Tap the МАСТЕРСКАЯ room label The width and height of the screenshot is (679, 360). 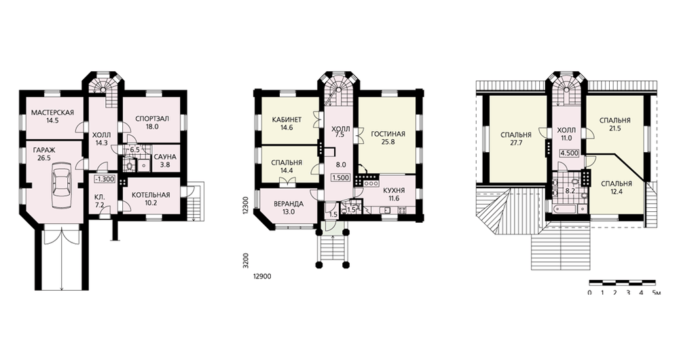click(52, 113)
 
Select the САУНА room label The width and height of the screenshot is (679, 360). click(164, 156)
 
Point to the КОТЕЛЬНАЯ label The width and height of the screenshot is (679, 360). click(151, 195)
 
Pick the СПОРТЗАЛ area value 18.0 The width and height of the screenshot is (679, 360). click(152, 126)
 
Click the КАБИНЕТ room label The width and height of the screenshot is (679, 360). click(287, 120)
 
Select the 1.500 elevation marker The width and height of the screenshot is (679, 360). click(342, 177)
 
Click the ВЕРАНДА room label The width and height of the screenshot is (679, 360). click(289, 204)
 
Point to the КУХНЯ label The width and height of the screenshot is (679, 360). click(394, 191)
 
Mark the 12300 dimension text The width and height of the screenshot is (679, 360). click(245, 204)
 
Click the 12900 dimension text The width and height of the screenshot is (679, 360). click(259, 276)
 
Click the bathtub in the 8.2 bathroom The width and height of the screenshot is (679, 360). click(565, 209)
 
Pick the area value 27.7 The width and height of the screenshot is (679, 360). click(516, 142)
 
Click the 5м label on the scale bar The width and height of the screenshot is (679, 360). click(657, 293)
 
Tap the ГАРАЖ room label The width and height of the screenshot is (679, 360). click(43, 151)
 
